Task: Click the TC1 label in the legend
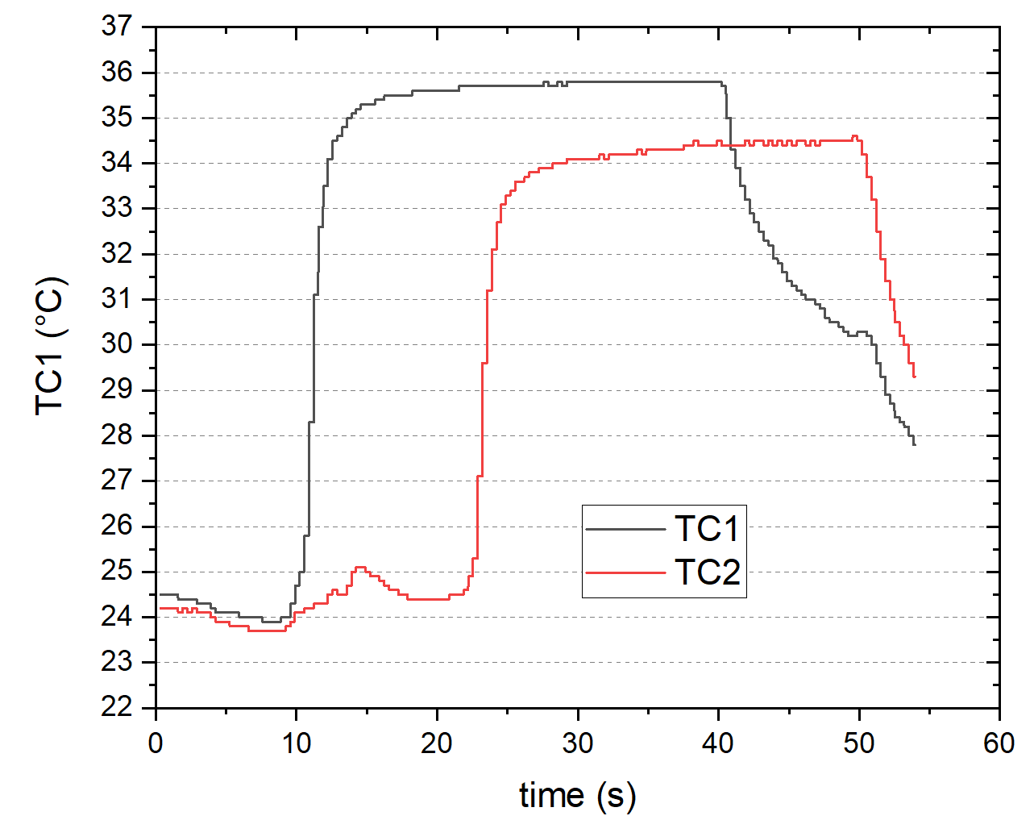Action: click(707, 529)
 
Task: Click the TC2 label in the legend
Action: click(707, 572)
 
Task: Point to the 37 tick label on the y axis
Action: click(117, 27)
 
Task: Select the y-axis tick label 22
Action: click(117, 707)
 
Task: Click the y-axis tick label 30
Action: click(117, 344)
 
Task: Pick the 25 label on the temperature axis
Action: click(117, 572)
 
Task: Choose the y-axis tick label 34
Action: click(117, 163)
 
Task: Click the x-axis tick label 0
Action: click(156, 743)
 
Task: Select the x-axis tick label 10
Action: click(296, 743)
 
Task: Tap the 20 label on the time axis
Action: click(437, 743)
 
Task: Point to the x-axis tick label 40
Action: click(718, 743)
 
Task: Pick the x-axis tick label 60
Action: click(999, 743)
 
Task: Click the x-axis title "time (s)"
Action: click(577, 795)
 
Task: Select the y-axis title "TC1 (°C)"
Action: click(50, 347)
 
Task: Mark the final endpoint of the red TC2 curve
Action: click(915, 377)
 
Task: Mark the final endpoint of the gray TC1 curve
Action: click(915, 444)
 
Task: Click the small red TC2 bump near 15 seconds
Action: click(359, 568)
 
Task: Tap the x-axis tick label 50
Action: click(859, 743)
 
